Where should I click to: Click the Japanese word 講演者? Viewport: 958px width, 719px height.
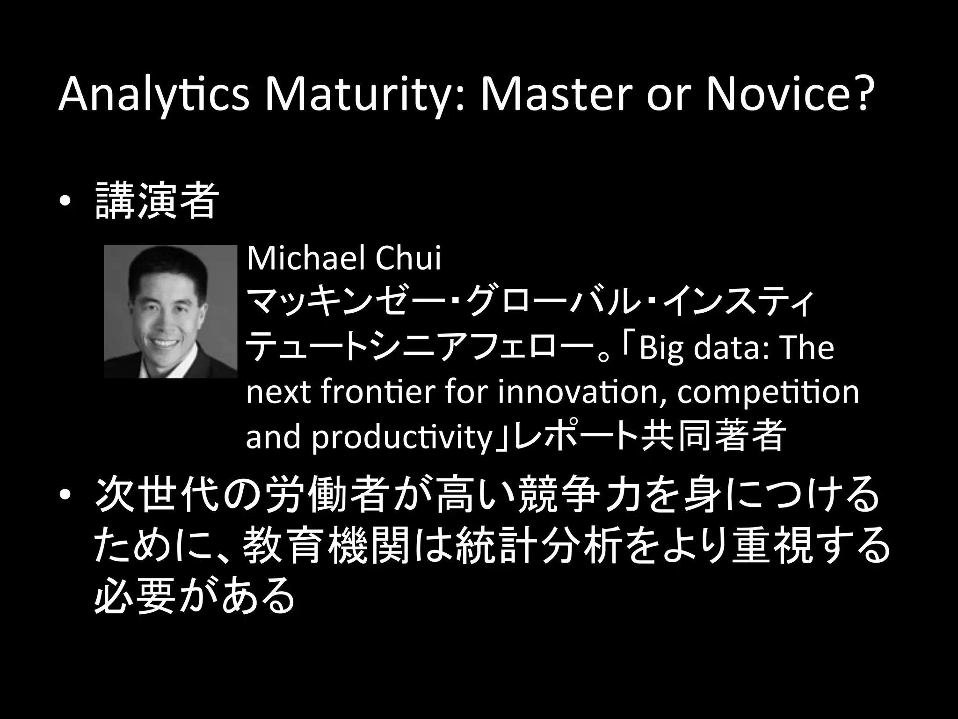coord(157,201)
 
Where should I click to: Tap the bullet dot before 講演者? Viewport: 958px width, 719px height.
coord(65,201)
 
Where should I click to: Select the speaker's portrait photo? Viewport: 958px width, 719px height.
coord(170,311)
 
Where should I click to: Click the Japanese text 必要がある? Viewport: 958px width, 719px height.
coord(195,597)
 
